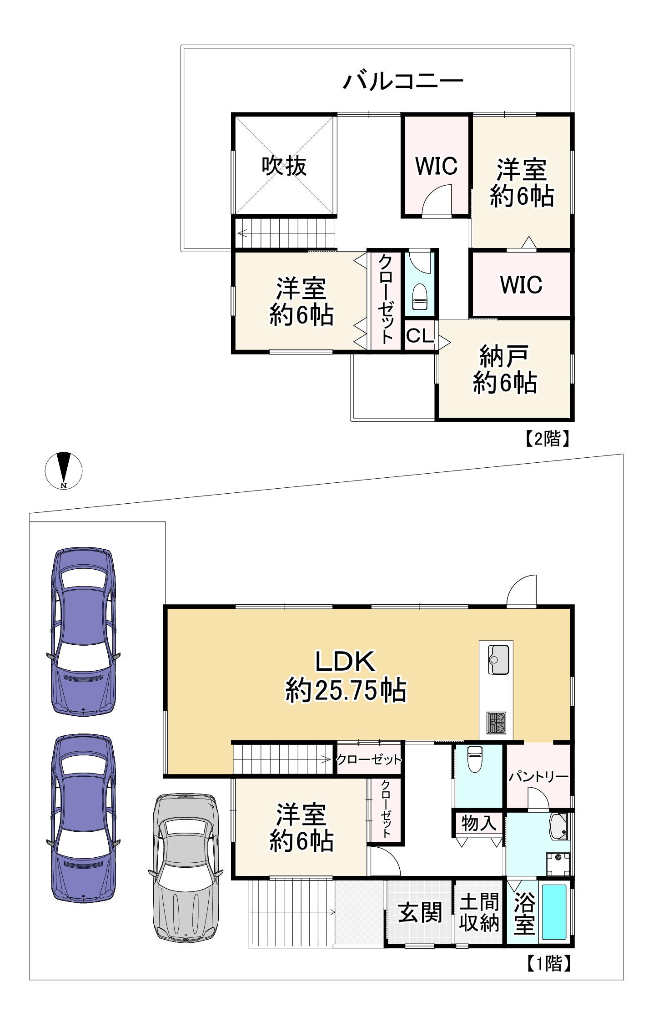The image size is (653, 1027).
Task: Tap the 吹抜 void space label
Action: click(284, 166)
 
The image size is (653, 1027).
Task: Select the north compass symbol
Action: click(64, 470)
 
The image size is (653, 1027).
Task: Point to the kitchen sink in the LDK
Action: click(498, 659)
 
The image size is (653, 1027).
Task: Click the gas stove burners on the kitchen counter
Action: click(496, 723)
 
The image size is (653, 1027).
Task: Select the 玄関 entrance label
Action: click(420, 912)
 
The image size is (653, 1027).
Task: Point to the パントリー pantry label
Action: click(538, 776)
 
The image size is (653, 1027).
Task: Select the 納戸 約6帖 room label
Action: click(505, 369)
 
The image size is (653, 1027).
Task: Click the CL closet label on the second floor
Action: click(420, 336)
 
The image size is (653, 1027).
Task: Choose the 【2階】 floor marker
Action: click(547, 439)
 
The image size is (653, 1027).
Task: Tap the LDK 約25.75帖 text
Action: click(346, 676)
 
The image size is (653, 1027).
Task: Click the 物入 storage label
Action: click(478, 823)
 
